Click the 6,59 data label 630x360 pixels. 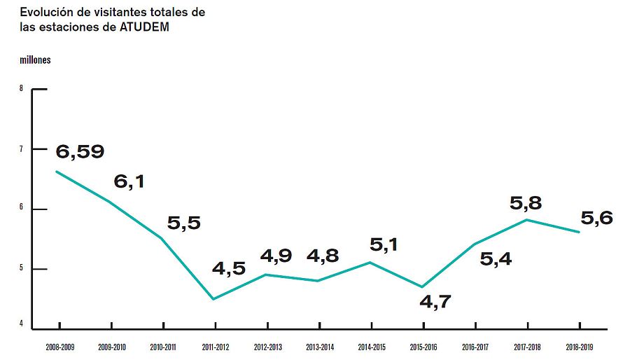pyautogui.click(x=80, y=151)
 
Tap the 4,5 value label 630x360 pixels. pyautogui.click(x=228, y=268)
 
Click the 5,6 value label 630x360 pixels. pyautogui.click(x=597, y=218)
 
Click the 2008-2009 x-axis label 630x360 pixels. pyautogui.click(x=59, y=346)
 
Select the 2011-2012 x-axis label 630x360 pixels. pyautogui.click(x=216, y=346)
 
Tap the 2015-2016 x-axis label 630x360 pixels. pyautogui.click(x=423, y=346)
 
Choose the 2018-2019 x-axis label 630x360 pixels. pyautogui.click(x=580, y=346)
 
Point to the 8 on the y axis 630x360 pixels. pyautogui.click(x=22, y=89)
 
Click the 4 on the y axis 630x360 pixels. pyautogui.click(x=22, y=324)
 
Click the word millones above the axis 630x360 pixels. pyautogui.click(x=35, y=60)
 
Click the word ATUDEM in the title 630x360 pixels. pyautogui.click(x=144, y=27)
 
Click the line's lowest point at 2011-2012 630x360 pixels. pyautogui.click(x=213, y=299)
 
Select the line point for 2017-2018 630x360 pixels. pyautogui.click(x=526, y=220)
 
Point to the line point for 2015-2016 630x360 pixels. pyautogui.click(x=423, y=286)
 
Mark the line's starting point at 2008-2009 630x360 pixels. pyautogui.click(x=57, y=172)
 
